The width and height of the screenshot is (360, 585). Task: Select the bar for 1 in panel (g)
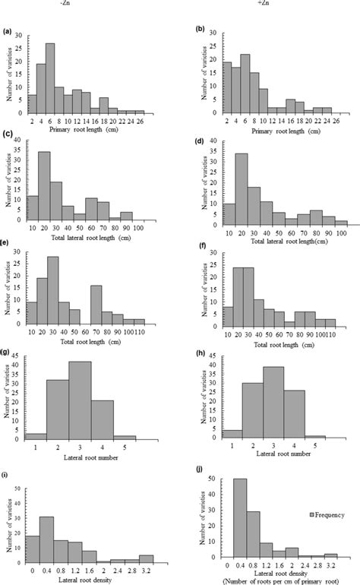click(34, 437)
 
